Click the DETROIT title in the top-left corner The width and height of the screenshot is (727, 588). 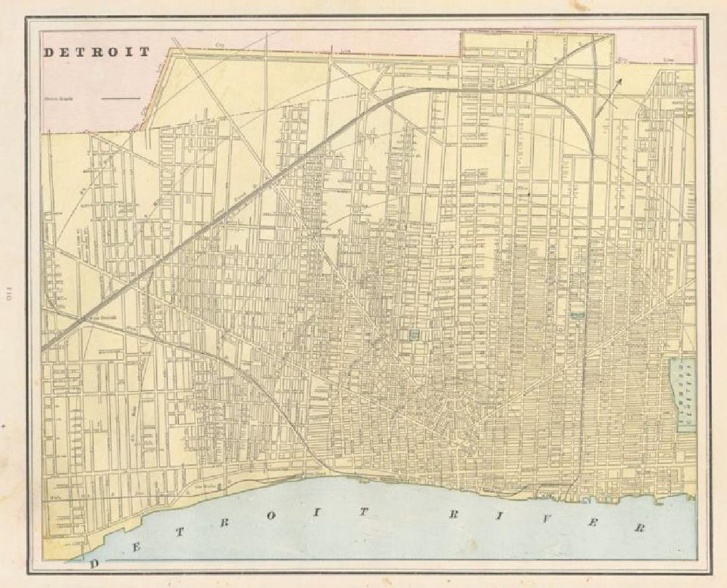(97, 52)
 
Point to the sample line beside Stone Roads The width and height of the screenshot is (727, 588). (121, 99)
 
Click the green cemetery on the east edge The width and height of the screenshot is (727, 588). (683, 395)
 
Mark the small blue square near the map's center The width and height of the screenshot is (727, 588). (415, 335)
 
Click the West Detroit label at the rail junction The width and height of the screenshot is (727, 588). (103, 316)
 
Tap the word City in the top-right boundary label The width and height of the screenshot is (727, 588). (622, 59)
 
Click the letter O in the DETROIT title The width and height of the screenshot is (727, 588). (118, 52)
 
